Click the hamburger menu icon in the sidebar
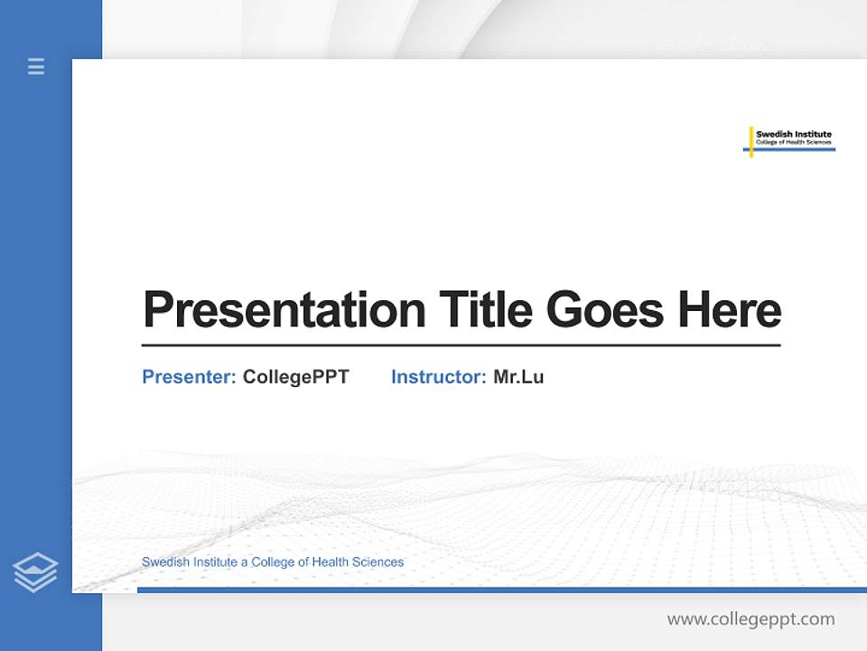[x=36, y=66]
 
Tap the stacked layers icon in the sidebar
[x=35, y=572]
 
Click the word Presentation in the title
[x=284, y=310]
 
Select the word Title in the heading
[x=485, y=309]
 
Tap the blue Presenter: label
[x=189, y=377]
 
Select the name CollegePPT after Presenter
[x=295, y=377]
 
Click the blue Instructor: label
[x=438, y=377]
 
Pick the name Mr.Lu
[x=518, y=377]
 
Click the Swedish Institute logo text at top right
[x=793, y=135]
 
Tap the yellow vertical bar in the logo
[x=750, y=141]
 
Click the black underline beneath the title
[x=461, y=344]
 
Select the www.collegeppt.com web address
[x=750, y=619]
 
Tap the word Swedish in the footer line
[x=163, y=562]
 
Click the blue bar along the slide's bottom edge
[x=501, y=590]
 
